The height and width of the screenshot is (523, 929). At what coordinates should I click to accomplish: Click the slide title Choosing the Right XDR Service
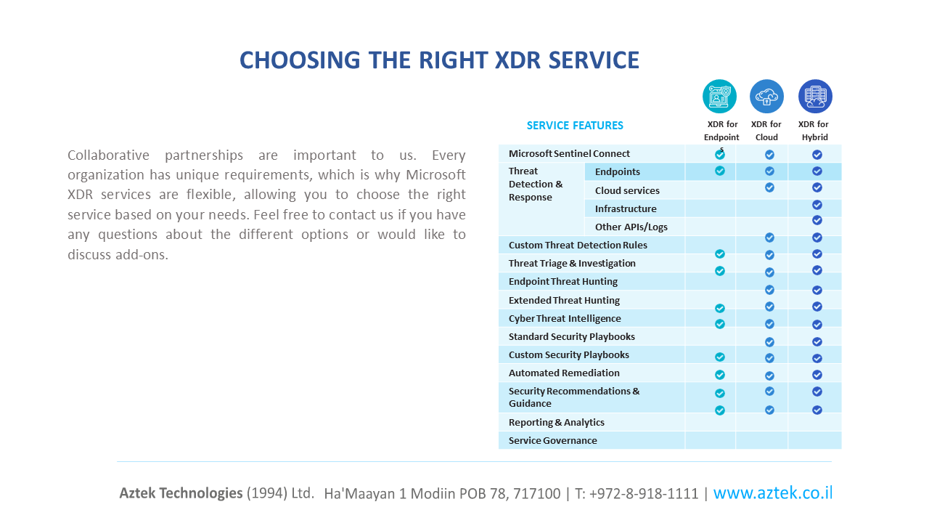pyautogui.click(x=439, y=60)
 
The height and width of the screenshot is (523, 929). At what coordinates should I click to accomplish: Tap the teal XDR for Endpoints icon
pyautogui.click(x=719, y=97)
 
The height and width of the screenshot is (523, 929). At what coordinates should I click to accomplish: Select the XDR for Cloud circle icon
pyautogui.click(x=766, y=97)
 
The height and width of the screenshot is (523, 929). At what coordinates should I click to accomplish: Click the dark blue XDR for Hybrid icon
pyautogui.click(x=815, y=97)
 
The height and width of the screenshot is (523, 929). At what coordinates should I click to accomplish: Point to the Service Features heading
pyautogui.click(x=575, y=126)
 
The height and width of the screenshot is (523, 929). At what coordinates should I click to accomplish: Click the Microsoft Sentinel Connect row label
pyautogui.click(x=569, y=153)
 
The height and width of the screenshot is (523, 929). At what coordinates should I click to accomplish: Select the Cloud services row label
pyautogui.click(x=627, y=190)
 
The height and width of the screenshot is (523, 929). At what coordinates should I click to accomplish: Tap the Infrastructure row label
pyautogui.click(x=626, y=208)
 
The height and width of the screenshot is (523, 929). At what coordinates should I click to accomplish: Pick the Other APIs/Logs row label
pyautogui.click(x=631, y=227)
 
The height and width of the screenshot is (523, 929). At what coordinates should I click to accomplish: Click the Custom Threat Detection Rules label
pyautogui.click(x=578, y=245)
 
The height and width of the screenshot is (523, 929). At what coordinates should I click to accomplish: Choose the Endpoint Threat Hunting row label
pyautogui.click(x=563, y=281)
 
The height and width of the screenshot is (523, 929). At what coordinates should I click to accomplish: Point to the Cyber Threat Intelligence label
pyautogui.click(x=565, y=318)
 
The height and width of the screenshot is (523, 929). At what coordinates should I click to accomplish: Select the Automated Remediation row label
pyautogui.click(x=564, y=373)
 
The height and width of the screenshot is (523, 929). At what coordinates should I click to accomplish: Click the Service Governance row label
pyautogui.click(x=552, y=440)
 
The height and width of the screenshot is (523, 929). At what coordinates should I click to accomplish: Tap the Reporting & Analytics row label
pyautogui.click(x=556, y=422)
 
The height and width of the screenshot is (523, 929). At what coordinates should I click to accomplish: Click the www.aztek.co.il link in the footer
pyautogui.click(x=772, y=492)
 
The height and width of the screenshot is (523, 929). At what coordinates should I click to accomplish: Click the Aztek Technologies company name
pyautogui.click(x=181, y=493)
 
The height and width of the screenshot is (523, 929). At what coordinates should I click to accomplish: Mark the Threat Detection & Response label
pyautogui.click(x=536, y=185)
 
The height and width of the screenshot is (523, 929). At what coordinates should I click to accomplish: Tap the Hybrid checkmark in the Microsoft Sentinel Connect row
pyautogui.click(x=817, y=155)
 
